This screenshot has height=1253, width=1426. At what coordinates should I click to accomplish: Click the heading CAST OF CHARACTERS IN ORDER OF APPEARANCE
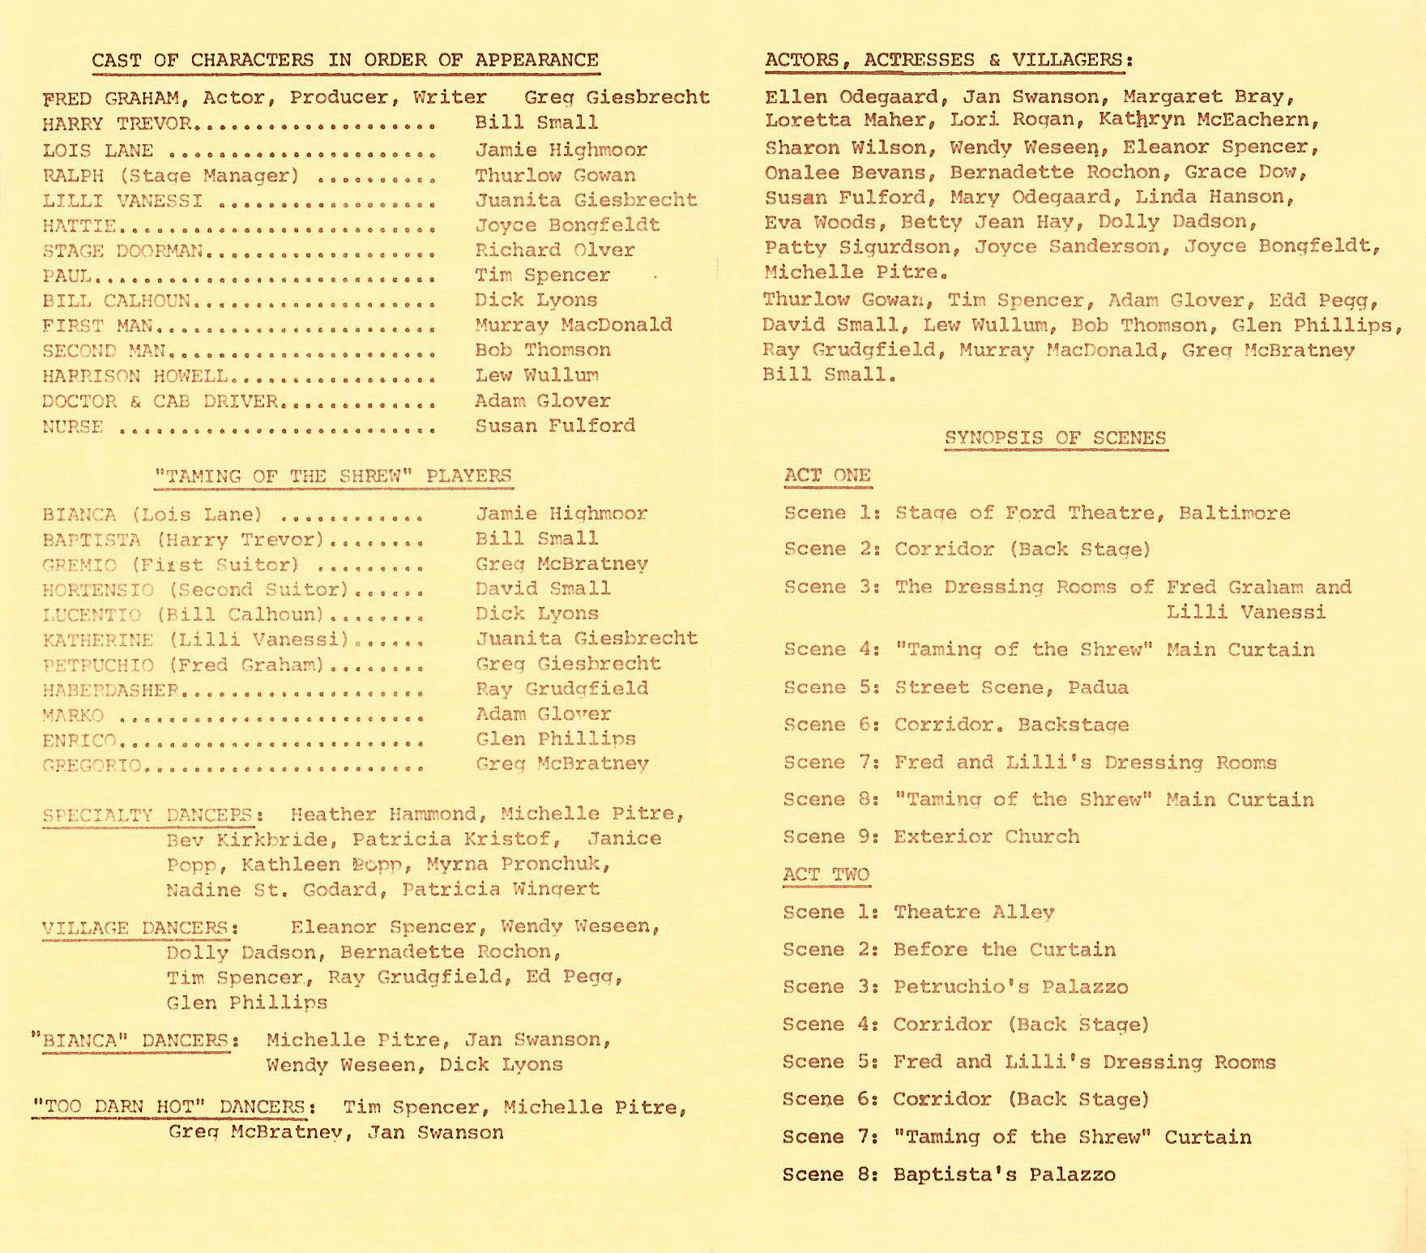point(344,61)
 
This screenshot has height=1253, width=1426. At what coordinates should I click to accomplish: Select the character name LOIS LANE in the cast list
point(97,151)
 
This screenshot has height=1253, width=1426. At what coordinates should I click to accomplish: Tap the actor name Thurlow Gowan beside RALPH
point(554,176)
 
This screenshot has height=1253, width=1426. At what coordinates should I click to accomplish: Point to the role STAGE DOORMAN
point(122,251)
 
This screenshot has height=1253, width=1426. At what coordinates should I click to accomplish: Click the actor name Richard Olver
point(554,250)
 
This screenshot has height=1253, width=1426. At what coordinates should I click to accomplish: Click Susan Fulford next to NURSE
point(554,426)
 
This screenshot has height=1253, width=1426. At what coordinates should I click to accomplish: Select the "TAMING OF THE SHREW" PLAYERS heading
point(333,477)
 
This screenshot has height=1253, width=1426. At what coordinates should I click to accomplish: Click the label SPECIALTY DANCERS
point(146,815)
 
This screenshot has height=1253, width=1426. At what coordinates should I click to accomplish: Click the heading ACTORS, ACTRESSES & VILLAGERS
point(948,61)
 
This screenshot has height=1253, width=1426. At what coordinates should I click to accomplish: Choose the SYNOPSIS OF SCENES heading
point(1055,438)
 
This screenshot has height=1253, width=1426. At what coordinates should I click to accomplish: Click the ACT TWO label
point(826,875)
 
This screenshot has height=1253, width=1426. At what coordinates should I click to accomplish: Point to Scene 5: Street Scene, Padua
point(955,688)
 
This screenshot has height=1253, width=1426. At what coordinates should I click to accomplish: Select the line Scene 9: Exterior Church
point(932,837)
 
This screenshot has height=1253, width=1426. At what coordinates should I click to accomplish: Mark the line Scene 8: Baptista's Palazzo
point(949,1175)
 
